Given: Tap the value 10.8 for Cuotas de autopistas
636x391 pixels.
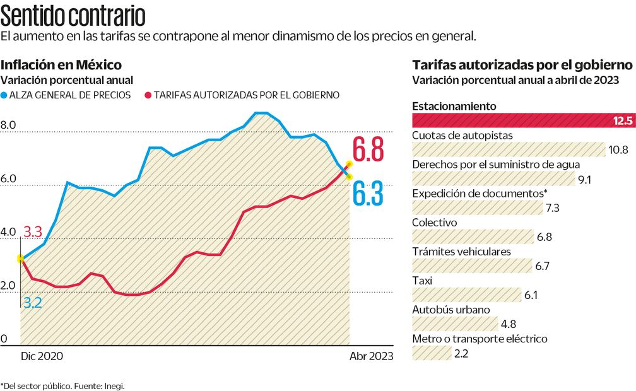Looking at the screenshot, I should (x=617, y=149).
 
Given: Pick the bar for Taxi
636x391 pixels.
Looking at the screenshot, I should (x=466, y=295).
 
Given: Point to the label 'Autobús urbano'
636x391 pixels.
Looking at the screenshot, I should (x=450, y=310).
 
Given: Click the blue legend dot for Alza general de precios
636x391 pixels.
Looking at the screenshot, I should (x=4, y=95).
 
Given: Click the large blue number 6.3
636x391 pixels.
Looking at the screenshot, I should (x=368, y=194).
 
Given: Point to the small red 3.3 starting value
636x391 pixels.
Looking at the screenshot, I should (x=33, y=231).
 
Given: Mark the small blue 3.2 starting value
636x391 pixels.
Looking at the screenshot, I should (x=32, y=303).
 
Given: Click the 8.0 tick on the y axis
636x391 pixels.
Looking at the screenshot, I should (x=8, y=125).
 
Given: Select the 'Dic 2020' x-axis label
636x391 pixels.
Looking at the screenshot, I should (x=42, y=356).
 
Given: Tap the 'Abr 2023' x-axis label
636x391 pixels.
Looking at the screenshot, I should (x=371, y=356).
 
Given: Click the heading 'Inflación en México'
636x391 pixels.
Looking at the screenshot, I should (x=61, y=65).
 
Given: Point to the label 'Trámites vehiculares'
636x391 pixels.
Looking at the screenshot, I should (x=461, y=252).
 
